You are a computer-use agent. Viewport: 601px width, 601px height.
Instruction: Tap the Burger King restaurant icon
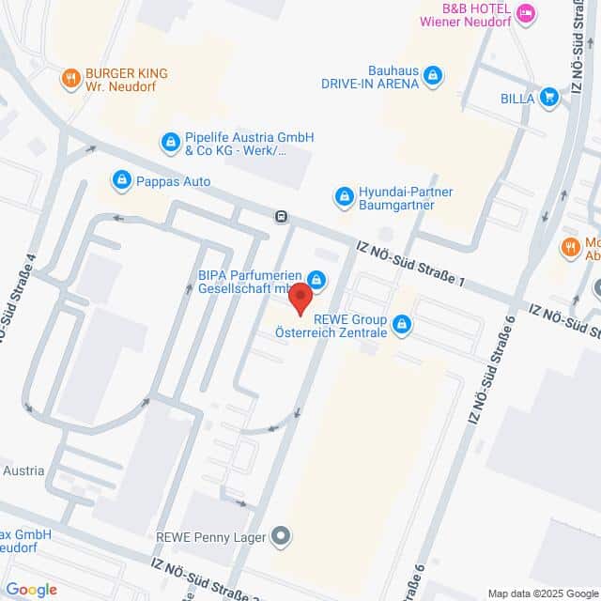click(x=70, y=80)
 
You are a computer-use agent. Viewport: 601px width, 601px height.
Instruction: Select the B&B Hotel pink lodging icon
click(x=526, y=13)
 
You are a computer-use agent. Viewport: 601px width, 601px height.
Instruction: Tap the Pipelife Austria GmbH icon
click(x=170, y=143)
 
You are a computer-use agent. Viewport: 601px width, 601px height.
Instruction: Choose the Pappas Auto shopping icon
click(x=121, y=180)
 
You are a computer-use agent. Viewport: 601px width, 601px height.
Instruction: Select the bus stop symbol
click(x=281, y=217)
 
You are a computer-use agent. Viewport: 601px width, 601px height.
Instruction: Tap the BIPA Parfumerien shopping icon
click(x=317, y=280)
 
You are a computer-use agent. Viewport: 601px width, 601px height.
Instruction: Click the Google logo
click(x=32, y=589)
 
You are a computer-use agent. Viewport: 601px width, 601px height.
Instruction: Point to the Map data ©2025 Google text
click(x=542, y=593)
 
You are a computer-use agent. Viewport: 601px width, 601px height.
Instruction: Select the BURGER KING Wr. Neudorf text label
click(x=126, y=80)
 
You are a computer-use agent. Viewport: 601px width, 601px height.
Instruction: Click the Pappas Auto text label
click(x=173, y=181)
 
